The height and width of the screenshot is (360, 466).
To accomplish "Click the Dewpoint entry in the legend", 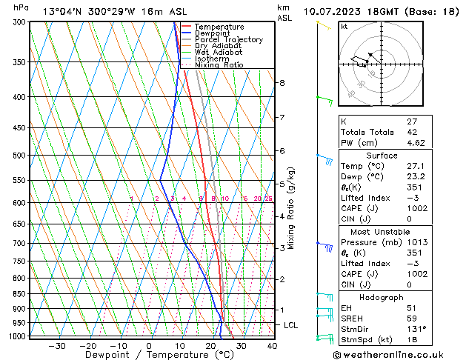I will click(213, 33).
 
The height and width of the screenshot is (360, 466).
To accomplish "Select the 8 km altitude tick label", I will click(282, 83).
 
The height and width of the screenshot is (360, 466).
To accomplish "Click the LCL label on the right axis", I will click(291, 325).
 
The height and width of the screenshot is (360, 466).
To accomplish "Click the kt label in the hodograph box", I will click(344, 26).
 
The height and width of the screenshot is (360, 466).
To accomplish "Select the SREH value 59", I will click(412, 318).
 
